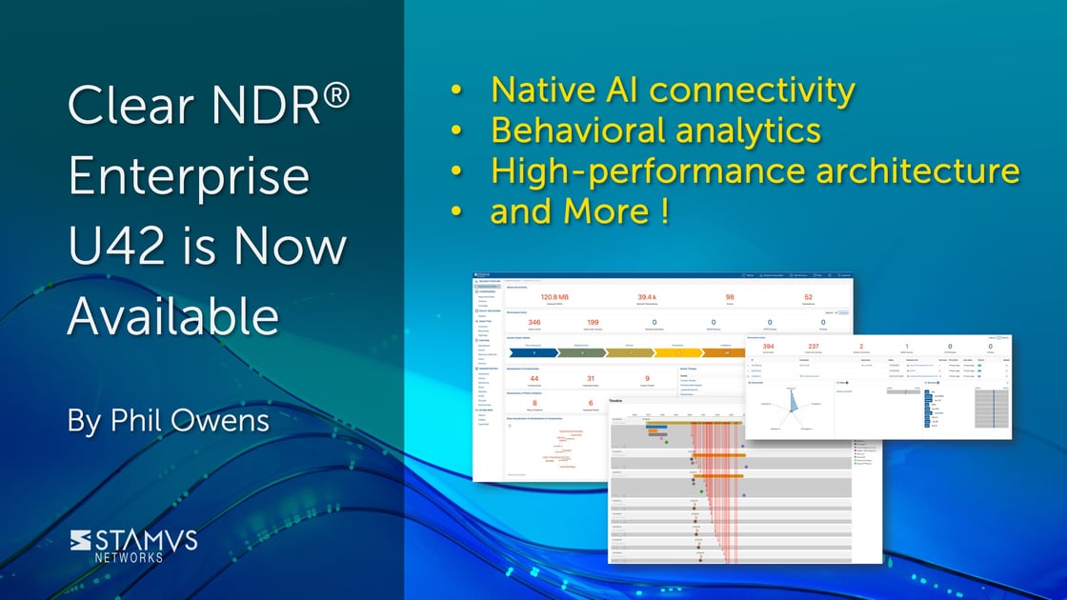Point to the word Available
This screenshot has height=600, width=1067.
point(173,316)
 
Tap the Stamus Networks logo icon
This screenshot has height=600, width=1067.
point(81,539)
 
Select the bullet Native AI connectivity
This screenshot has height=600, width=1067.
point(673,90)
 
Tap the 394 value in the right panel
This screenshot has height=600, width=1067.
point(768,347)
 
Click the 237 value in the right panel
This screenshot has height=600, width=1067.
point(813,347)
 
